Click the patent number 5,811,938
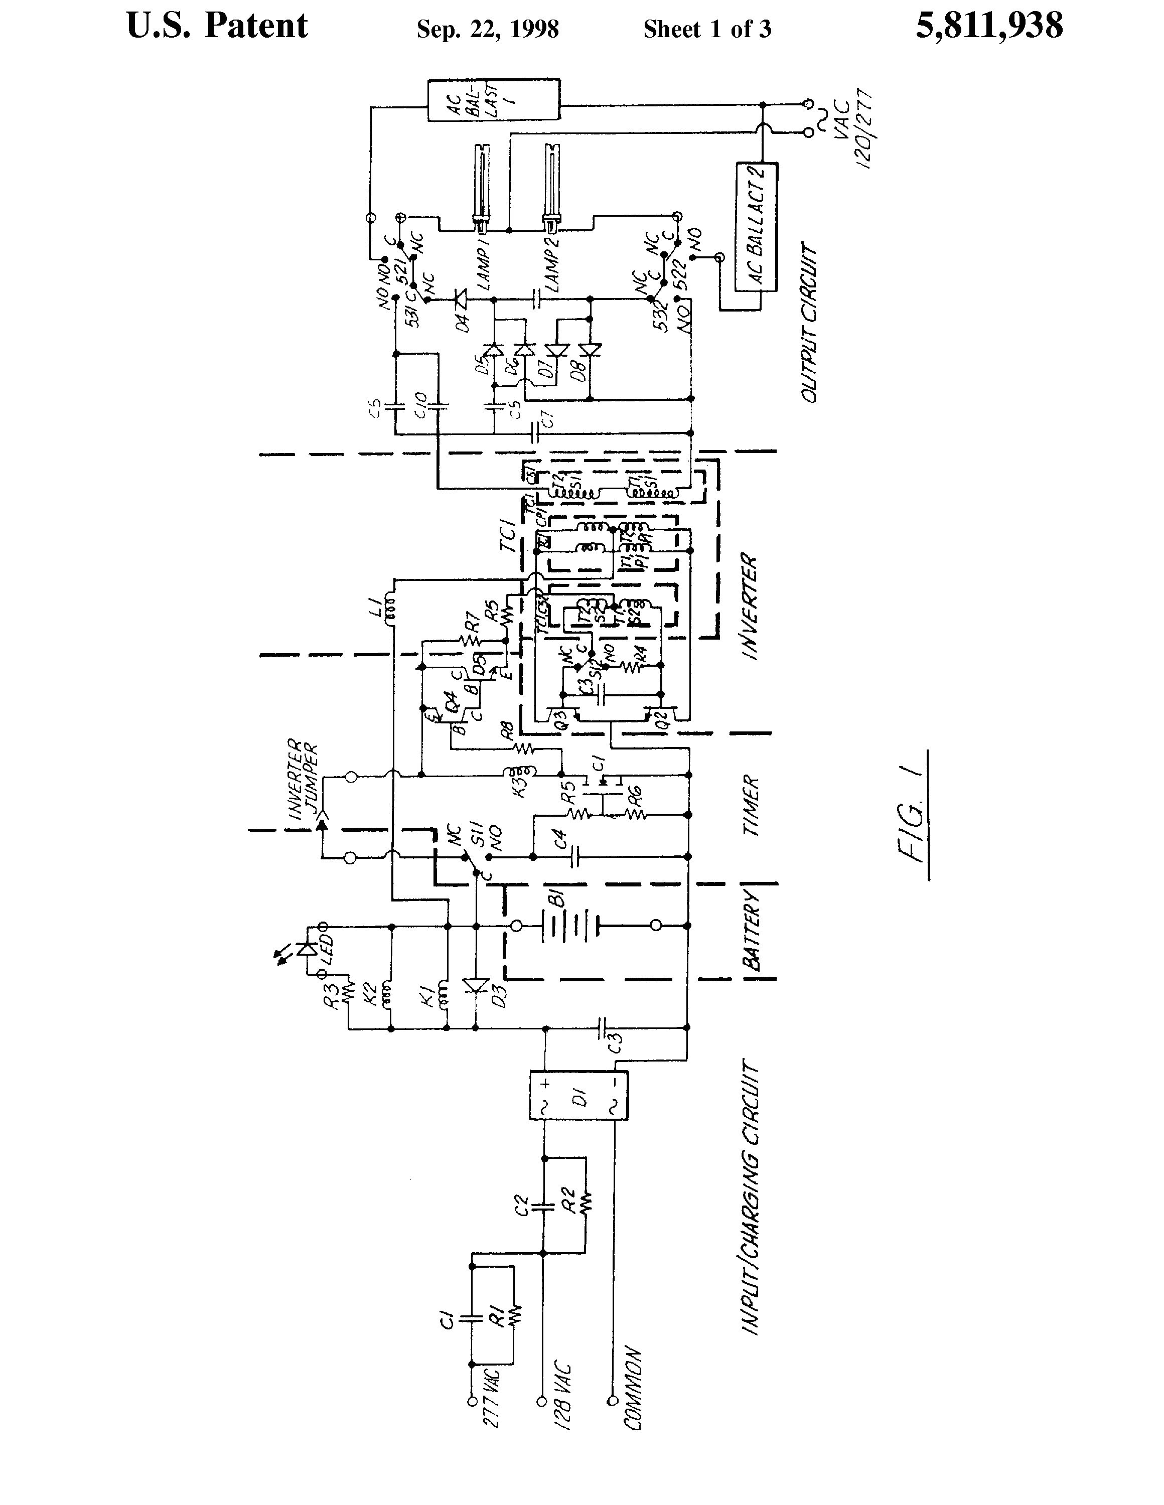(988, 26)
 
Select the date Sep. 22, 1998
(487, 30)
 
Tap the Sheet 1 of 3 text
(707, 30)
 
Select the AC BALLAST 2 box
(757, 227)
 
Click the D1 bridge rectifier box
(578, 1096)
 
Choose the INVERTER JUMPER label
(303, 779)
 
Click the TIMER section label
(751, 806)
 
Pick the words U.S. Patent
(217, 26)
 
